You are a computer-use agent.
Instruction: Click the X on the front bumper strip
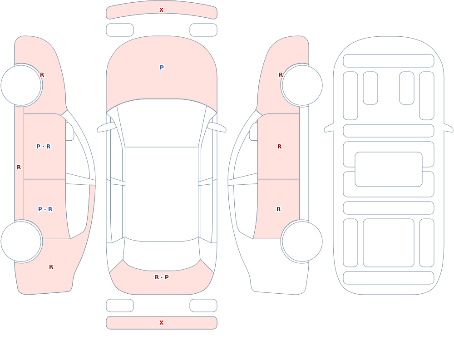[x=161, y=10]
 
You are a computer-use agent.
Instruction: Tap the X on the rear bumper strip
[x=161, y=323]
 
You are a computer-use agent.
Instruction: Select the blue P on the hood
[x=162, y=68]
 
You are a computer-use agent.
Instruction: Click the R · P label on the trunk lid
[x=162, y=277]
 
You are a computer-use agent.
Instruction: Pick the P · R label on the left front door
[x=44, y=147]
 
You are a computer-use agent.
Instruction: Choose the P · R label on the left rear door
[x=45, y=209]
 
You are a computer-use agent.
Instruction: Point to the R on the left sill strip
[x=19, y=168]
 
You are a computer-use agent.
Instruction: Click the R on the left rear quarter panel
[x=51, y=267]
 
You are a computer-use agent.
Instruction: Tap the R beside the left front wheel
[x=42, y=75]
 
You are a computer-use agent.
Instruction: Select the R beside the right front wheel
[x=281, y=75]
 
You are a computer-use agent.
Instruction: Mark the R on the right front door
[x=279, y=147]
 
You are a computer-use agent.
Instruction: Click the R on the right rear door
[x=279, y=209]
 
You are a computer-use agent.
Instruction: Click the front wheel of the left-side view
[x=21, y=85]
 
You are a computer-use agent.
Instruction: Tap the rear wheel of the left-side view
[x=21, y=241]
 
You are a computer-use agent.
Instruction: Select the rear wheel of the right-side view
[x=302, y=241]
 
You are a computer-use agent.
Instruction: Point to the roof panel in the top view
[x=162, y=193]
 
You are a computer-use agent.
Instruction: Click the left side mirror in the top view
[x=106, y=127]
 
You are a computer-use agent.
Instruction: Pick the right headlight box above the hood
[x=203, y=30]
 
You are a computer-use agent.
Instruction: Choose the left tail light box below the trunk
[x=120, y=306]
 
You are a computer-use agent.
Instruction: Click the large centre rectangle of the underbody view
[x=389, y=169]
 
